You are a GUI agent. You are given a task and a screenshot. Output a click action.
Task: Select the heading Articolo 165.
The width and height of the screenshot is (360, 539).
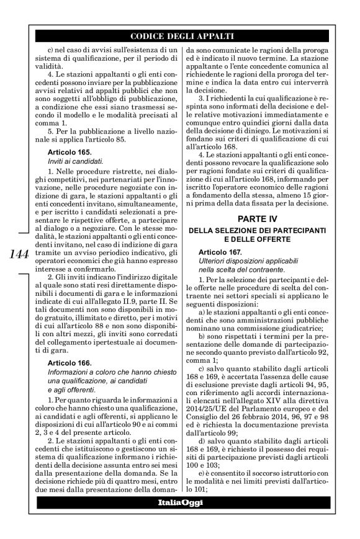coord(70,151)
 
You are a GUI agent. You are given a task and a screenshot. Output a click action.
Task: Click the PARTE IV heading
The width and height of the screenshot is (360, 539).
coord(261,218)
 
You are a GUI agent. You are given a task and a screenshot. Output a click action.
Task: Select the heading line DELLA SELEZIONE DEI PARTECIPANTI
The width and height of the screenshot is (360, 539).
coord(261,231)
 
